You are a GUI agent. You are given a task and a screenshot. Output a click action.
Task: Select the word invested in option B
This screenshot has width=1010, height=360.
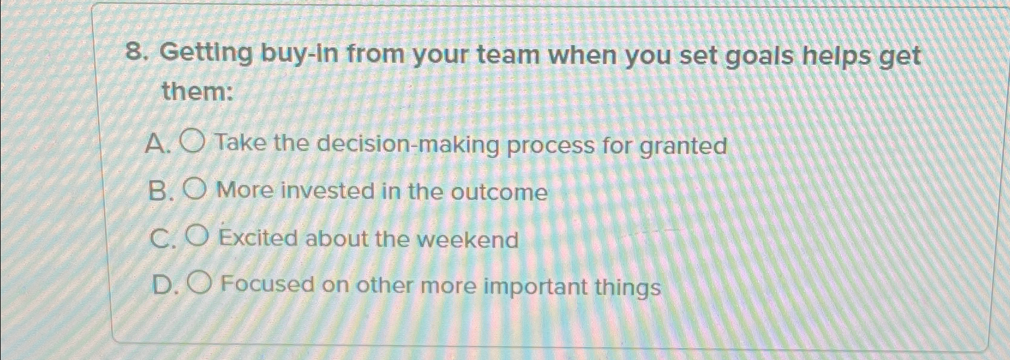coord(325,191)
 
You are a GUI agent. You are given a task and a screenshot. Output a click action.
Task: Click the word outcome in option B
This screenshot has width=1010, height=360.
coord(499,193)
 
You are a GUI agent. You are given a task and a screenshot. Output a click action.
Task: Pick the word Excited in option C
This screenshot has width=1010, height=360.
coord(258,238)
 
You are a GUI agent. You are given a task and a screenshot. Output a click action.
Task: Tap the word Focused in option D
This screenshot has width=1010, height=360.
coord(267,284)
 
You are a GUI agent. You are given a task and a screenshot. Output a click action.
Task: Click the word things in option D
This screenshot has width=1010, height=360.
coord(627,287)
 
